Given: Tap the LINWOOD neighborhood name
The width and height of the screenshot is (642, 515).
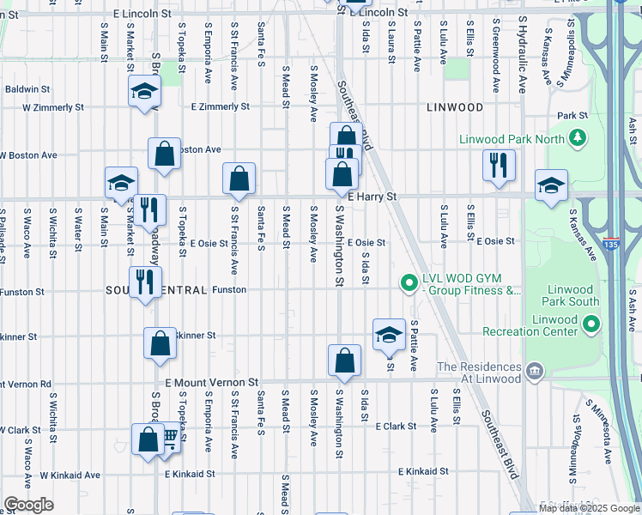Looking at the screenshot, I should [455, 107].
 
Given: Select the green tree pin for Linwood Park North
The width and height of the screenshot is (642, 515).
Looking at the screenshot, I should [578, 138].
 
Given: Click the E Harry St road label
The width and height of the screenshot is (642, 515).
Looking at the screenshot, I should [372, 197].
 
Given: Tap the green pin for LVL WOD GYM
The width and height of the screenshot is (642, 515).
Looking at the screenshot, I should [409, 282].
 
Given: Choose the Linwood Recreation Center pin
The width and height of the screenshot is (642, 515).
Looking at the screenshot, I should [591, 324].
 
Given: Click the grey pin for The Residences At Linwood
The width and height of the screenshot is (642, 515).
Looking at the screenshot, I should [535, 371].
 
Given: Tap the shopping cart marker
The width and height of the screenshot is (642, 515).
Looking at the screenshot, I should [169, 438].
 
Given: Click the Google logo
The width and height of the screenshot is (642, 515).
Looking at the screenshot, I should [28, 505].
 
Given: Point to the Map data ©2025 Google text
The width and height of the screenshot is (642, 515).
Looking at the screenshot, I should [590, 508].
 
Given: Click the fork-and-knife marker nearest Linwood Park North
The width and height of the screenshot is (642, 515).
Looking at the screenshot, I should [499, 164].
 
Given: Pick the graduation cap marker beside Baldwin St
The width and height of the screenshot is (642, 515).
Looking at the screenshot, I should [144, 90].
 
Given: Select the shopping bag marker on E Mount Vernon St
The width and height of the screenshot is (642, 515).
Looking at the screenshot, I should [344, 360].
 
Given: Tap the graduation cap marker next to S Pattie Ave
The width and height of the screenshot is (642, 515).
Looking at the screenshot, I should [389, 333].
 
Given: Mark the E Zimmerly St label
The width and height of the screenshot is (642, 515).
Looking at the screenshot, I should [220, 107].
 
